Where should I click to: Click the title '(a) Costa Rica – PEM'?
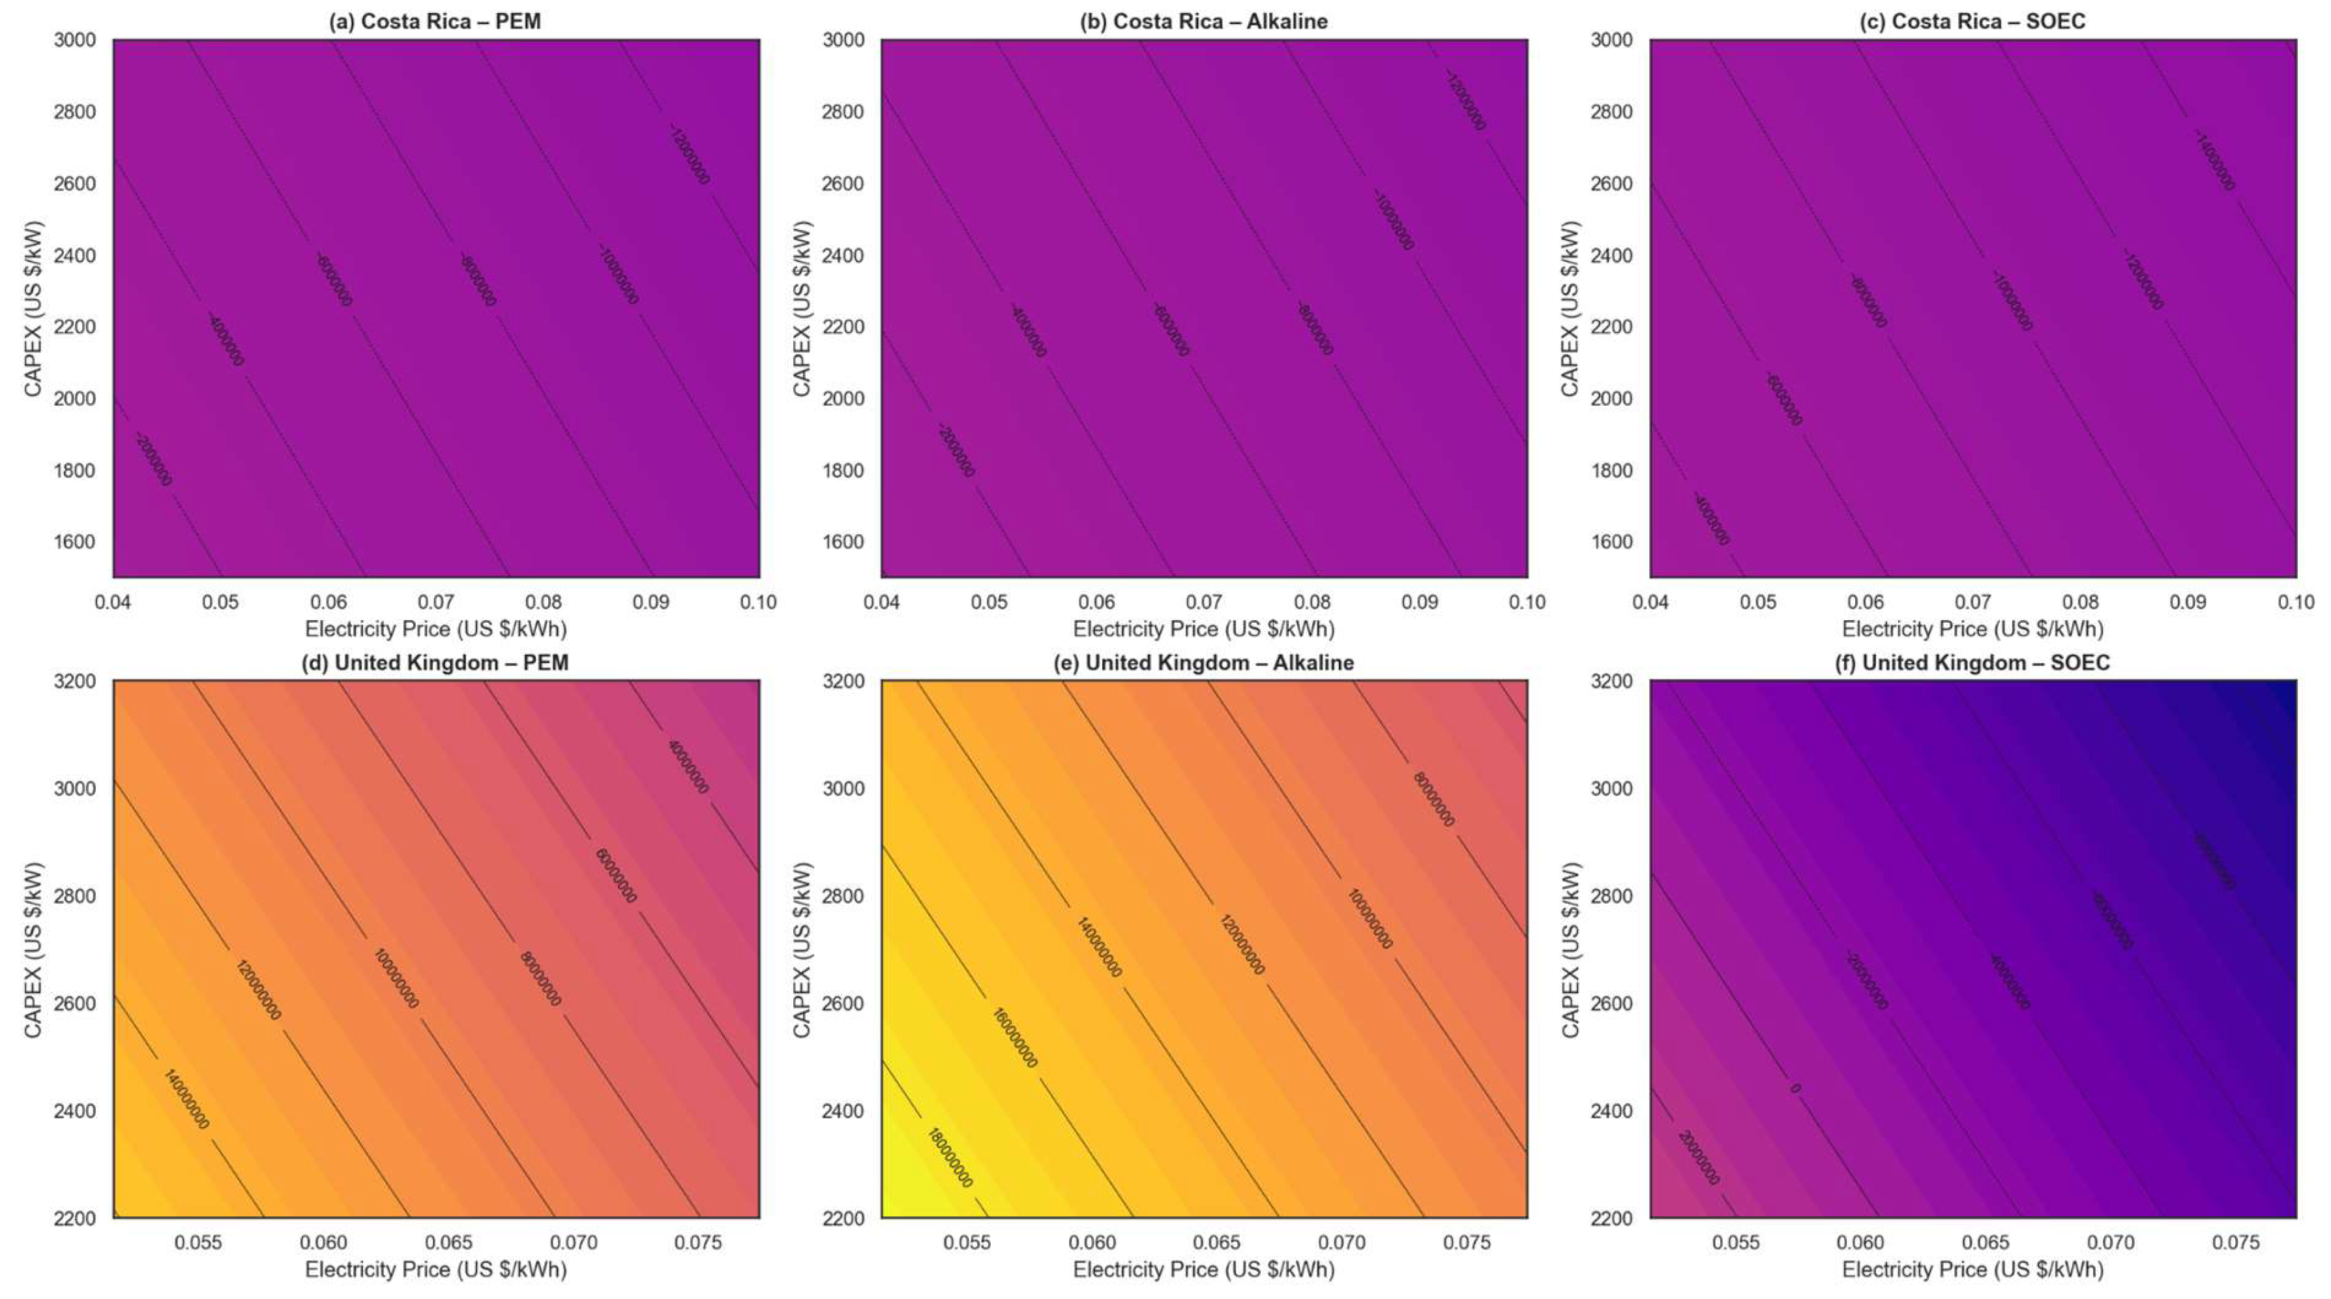434,21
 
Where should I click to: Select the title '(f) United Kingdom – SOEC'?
1972,663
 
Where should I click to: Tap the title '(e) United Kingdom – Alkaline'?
1203,663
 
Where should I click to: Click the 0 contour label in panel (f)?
1795,1088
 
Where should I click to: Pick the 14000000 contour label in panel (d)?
186,1099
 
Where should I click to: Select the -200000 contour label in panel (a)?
153,459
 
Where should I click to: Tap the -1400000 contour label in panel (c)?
2214,161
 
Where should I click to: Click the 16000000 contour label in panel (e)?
1014,1038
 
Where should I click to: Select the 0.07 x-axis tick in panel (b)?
1203,602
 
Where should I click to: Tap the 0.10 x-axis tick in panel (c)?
2294,602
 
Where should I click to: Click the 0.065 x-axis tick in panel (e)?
1217,1243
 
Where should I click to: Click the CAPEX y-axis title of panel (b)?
801,308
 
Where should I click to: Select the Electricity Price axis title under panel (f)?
1972,1269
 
